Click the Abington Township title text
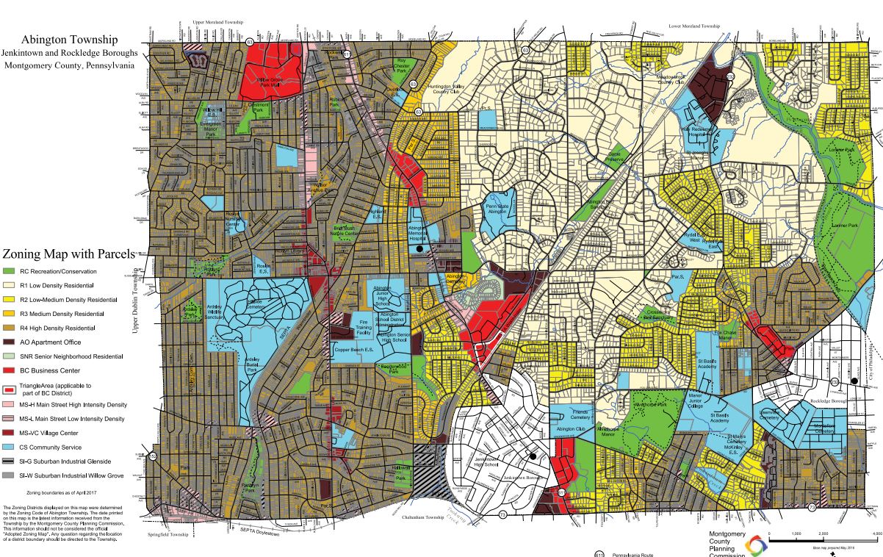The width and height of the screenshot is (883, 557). [70, 39]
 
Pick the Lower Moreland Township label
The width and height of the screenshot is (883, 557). [693, 26]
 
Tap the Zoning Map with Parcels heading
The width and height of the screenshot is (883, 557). [68, 254]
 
